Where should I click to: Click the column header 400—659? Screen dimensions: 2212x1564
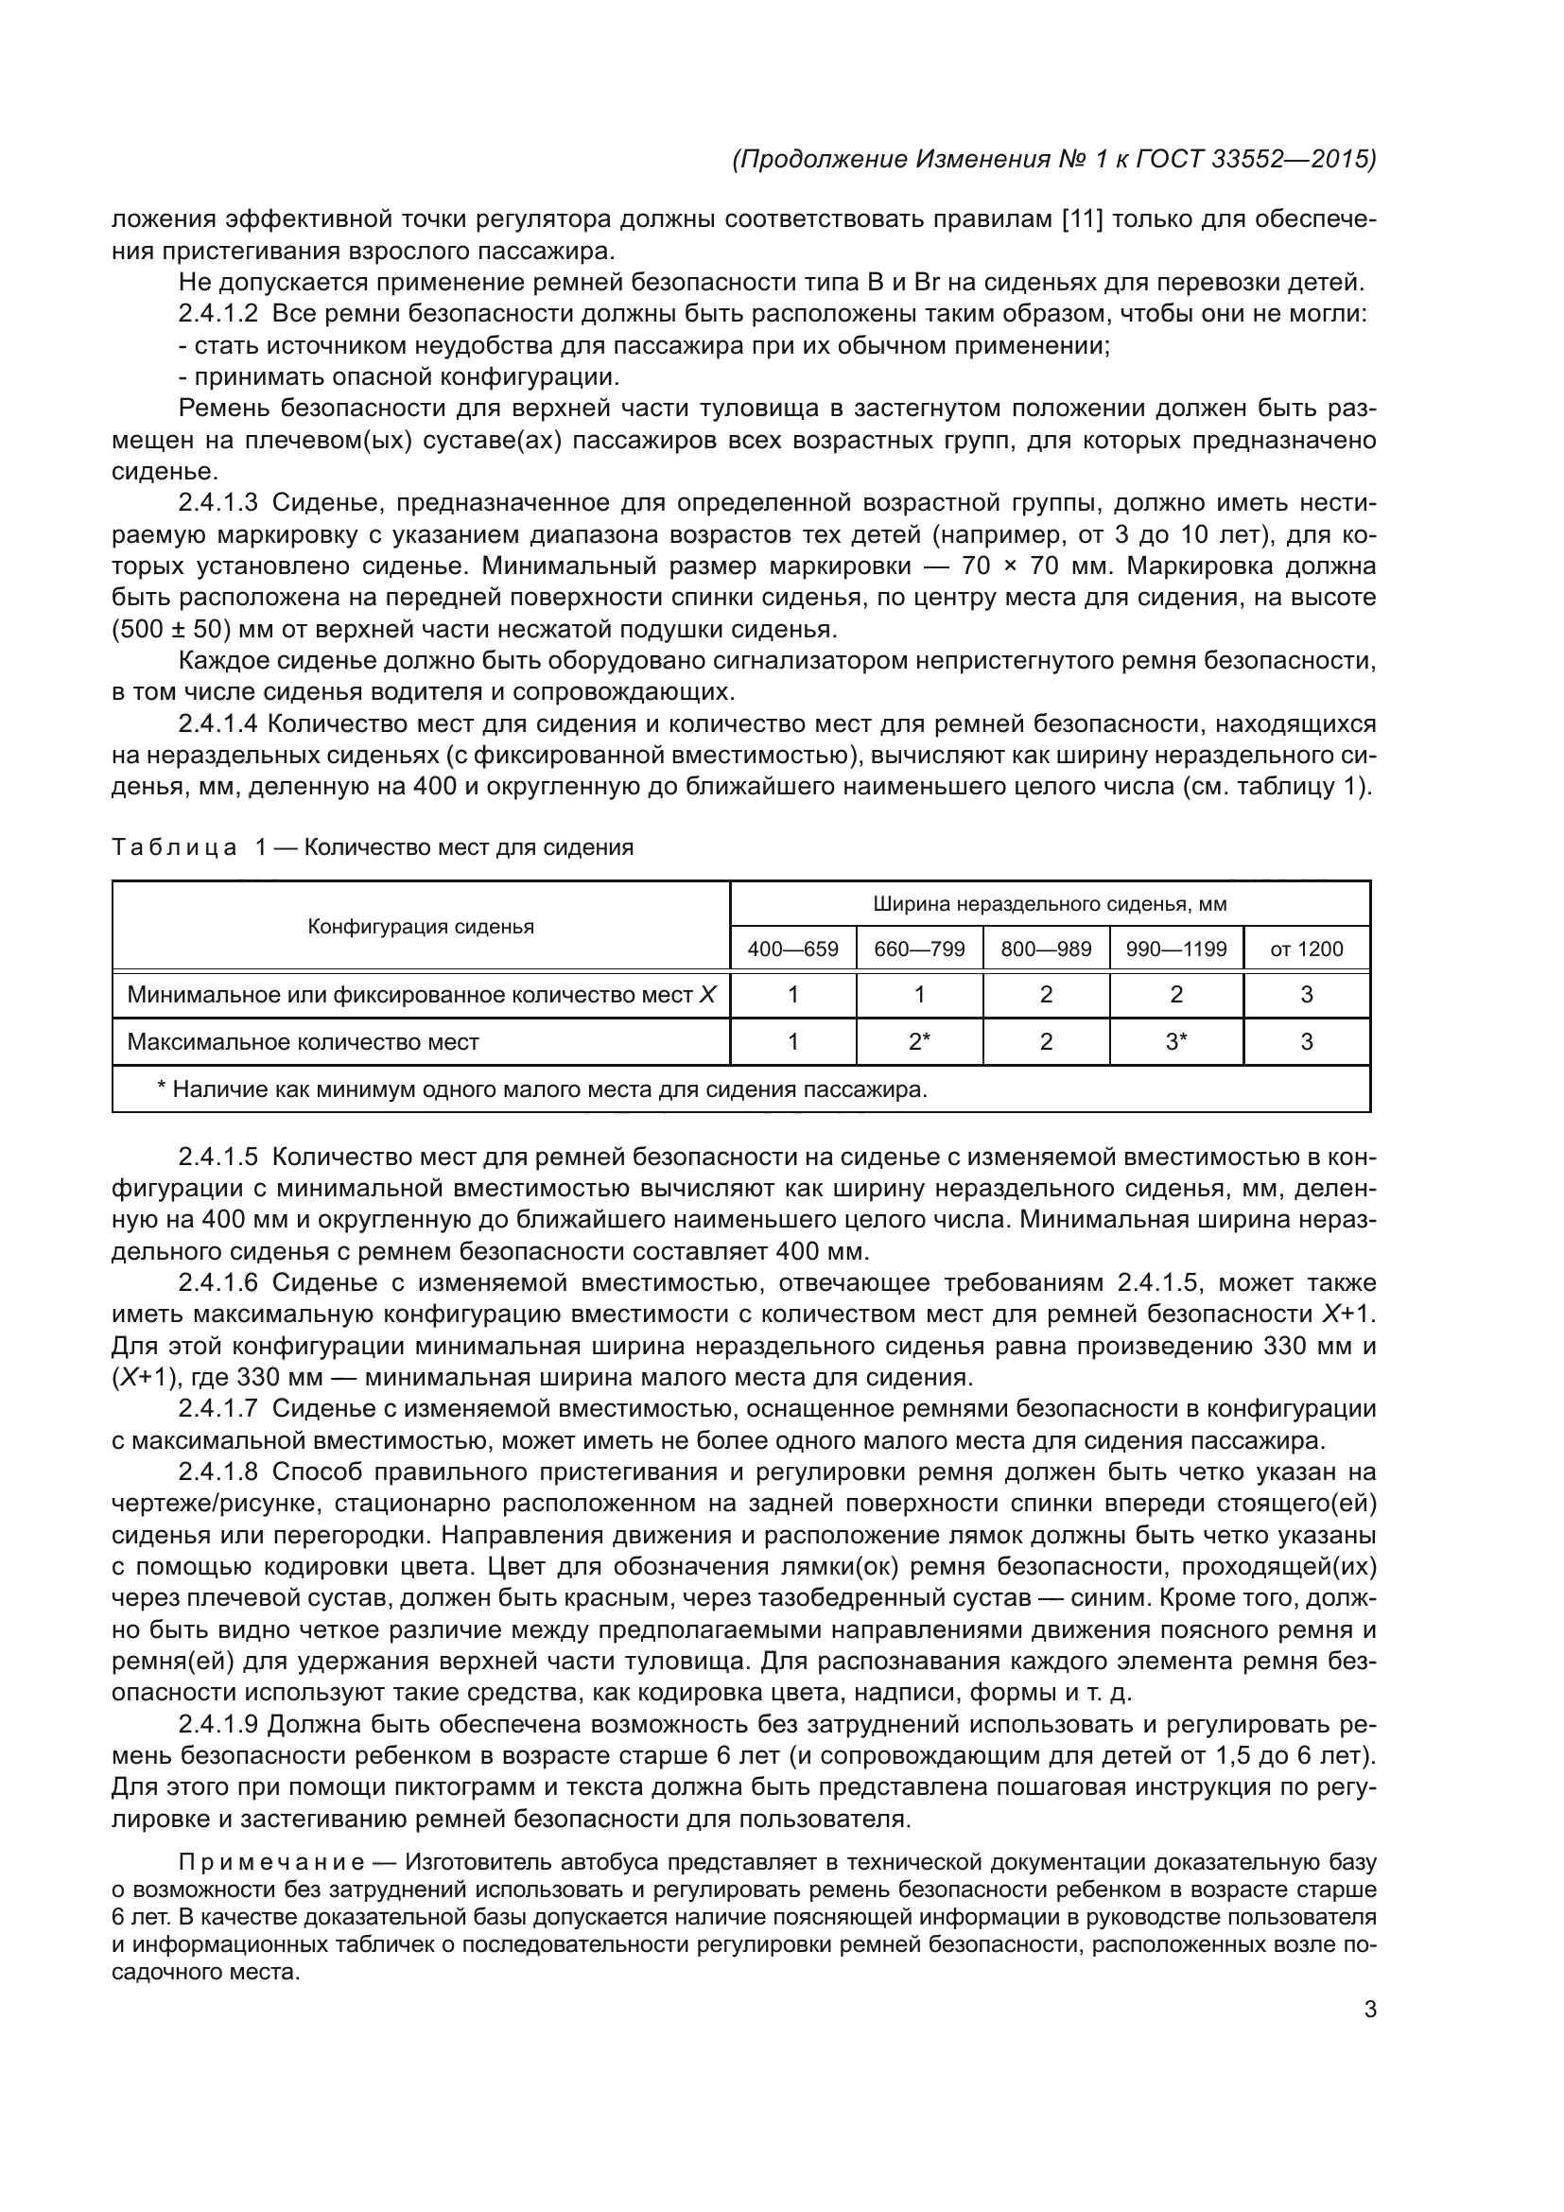792,949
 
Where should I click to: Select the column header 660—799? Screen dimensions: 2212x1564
919,949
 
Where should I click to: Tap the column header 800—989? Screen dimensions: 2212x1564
1046,949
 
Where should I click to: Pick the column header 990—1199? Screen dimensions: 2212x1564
1176,949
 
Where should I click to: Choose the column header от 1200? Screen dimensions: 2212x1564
1306,949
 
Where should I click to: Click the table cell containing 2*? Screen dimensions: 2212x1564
919,1041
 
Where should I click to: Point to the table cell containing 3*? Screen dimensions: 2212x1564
1176,1041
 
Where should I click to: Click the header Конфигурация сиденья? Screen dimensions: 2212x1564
421,927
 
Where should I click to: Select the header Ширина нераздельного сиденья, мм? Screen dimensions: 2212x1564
1050,904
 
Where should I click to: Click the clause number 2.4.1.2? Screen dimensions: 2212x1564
218,314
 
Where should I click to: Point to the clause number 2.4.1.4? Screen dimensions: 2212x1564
218,723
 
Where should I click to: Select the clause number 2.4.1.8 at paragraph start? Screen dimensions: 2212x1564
218,1472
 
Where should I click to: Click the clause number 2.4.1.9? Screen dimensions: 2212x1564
218,1725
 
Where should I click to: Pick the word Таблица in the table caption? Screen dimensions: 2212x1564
174,847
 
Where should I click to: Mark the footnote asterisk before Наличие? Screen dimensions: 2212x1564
162,1088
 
